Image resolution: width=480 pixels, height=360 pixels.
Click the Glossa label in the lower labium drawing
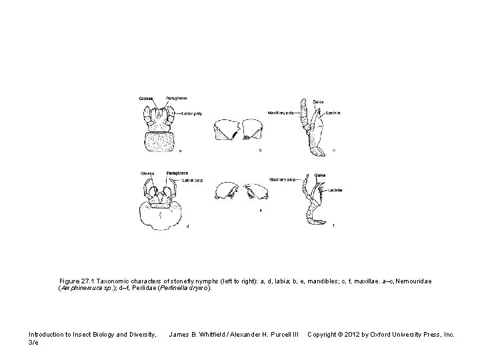coord(147,173)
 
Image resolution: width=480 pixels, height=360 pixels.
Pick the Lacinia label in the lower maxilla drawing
coord(335,191)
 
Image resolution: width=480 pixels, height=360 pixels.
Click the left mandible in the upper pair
coord(226,131)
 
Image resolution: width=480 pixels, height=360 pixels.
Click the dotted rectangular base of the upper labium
coord(160,142)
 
